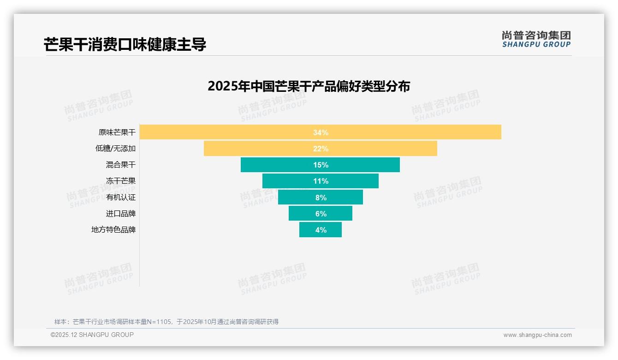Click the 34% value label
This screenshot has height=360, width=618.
click(x=321, y=132)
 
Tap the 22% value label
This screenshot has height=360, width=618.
click(x=321, y=149)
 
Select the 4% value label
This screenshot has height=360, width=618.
click(x=321, y=230)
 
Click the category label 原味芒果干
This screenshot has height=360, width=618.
click(x=117, y=132)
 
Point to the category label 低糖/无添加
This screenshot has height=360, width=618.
click(x=115, y=149)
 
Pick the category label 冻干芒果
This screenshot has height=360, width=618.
click(x=121, y=181)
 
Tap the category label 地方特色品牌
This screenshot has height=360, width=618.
click(x=113, y=230)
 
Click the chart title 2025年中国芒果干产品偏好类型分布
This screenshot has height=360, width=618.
click(x=309, y=86)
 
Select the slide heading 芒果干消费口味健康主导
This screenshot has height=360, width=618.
click(x=125, y=44)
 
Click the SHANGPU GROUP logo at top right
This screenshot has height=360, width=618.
click(x=536, y=39)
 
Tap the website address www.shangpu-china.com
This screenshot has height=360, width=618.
click(x=537, y=335)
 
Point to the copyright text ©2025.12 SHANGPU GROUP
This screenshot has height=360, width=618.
click(x=92, y=335)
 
